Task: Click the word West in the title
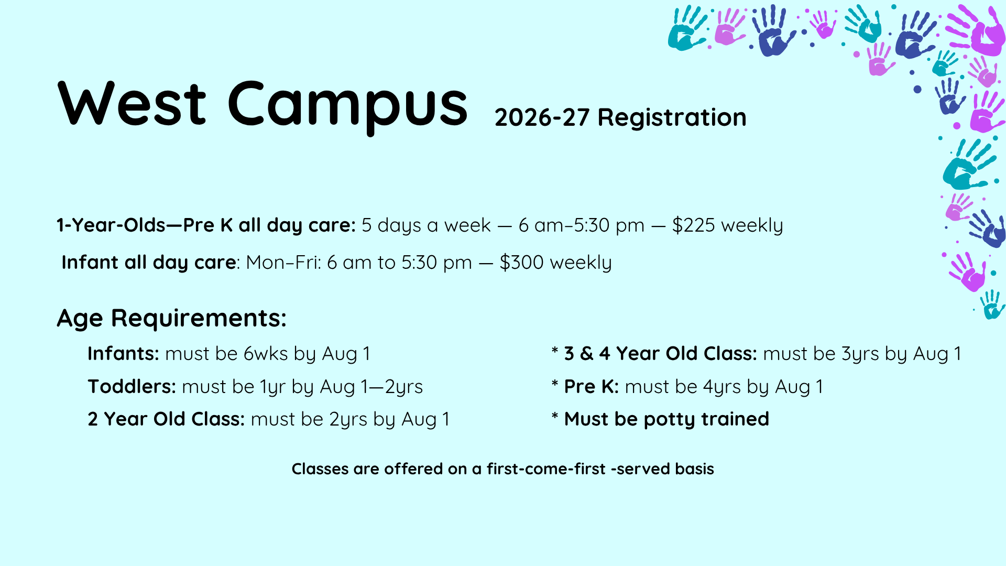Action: (132, 104)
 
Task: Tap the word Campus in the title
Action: (347, 107)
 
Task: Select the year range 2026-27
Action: (542, 117)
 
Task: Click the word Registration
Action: (672, 117)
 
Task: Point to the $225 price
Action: (694, 225)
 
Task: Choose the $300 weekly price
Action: (555, 262)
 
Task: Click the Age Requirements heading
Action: (172, 318)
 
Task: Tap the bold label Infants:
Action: (123, 354)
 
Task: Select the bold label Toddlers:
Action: (132, 387)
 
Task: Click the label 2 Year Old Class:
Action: (166, 419)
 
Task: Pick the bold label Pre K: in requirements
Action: (592, 387)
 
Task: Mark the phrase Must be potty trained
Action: (666, 419)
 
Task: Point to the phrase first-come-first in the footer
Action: (546, 469)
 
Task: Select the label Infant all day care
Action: (149, 262)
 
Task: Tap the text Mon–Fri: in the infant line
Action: (283, 262)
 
